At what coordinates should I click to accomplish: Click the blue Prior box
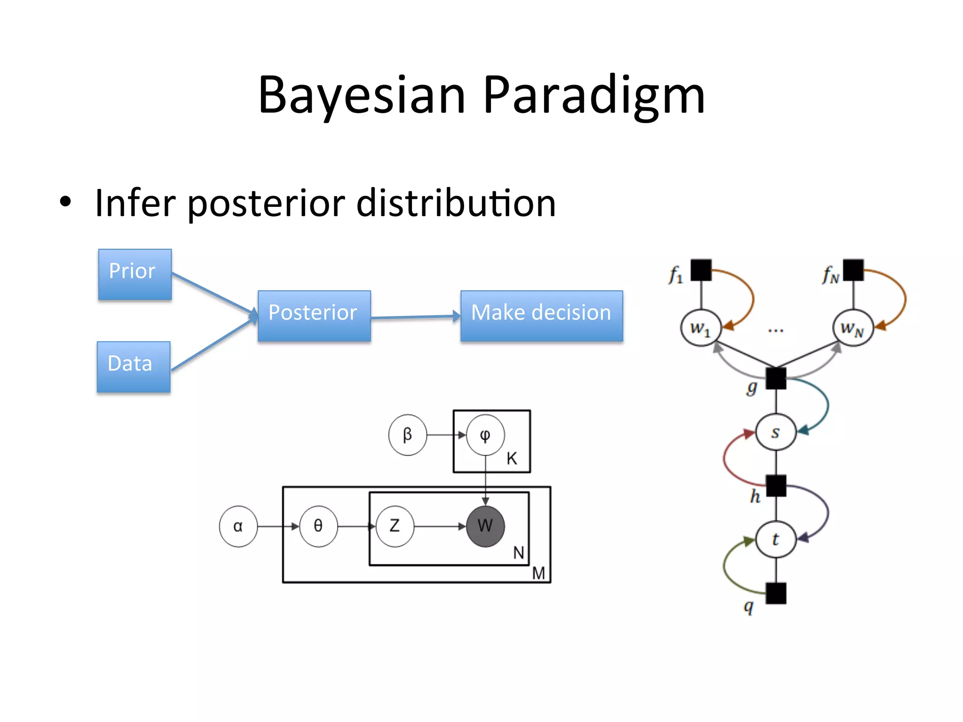(135, 274)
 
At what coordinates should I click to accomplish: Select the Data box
(134, 367)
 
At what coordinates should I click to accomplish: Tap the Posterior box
(314, 315)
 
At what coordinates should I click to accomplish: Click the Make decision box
(542, 315)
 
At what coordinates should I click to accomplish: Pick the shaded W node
(485, 526)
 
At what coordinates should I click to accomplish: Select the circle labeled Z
(395, 526)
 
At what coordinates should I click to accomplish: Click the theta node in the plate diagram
(318, 526)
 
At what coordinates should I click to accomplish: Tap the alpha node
(238, 526)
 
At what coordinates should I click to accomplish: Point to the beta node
(408, 435)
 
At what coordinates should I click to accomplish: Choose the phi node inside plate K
(485, 435)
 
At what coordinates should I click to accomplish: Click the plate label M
(538, 573)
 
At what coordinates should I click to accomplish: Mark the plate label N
(519, 553)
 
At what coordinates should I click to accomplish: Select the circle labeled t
(776, 540)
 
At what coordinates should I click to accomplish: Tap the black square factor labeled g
(776, 378)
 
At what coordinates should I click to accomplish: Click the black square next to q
(776, 593)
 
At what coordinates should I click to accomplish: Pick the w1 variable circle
(701, 328)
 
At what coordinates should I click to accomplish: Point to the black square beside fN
(853, 270)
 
